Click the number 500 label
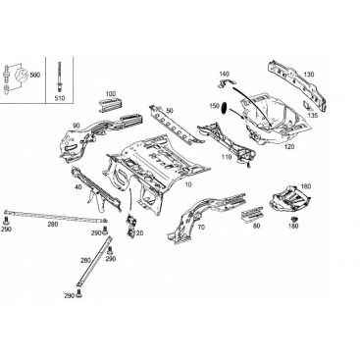[x=34, y=75]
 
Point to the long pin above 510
[x=60, y=77]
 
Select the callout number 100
[x=111, y=94]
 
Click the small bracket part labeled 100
[x=110, y=105]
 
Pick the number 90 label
[x=77, y=126]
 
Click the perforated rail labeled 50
[x=174, y=126]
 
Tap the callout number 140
[x=225, y=74]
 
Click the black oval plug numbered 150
[x=225, y=108]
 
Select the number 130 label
[x=309, y=75]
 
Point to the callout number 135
[x=313, y=115]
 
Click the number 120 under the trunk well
[x=289, y=147]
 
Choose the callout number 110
[x=226, y=157]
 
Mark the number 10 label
[x=188, y=184]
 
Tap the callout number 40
[x=77, y=187]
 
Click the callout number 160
[x=306, y=186]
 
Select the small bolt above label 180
[x=294, y=219]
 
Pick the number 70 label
[x=201, y=227]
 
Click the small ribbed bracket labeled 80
[x=252, y=213]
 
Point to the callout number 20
[x=140, y=233]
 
